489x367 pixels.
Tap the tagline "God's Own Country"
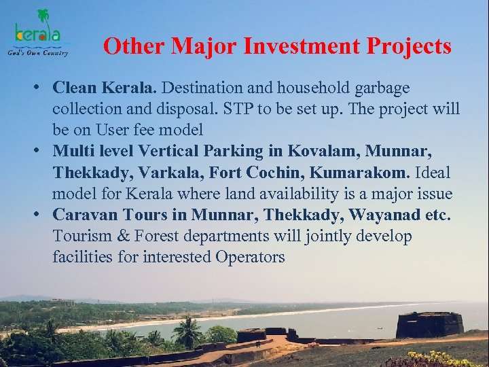[38, 52]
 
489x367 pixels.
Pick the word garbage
[385, 88]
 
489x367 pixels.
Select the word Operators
[250, 258]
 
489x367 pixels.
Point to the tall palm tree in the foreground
[187, 330]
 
